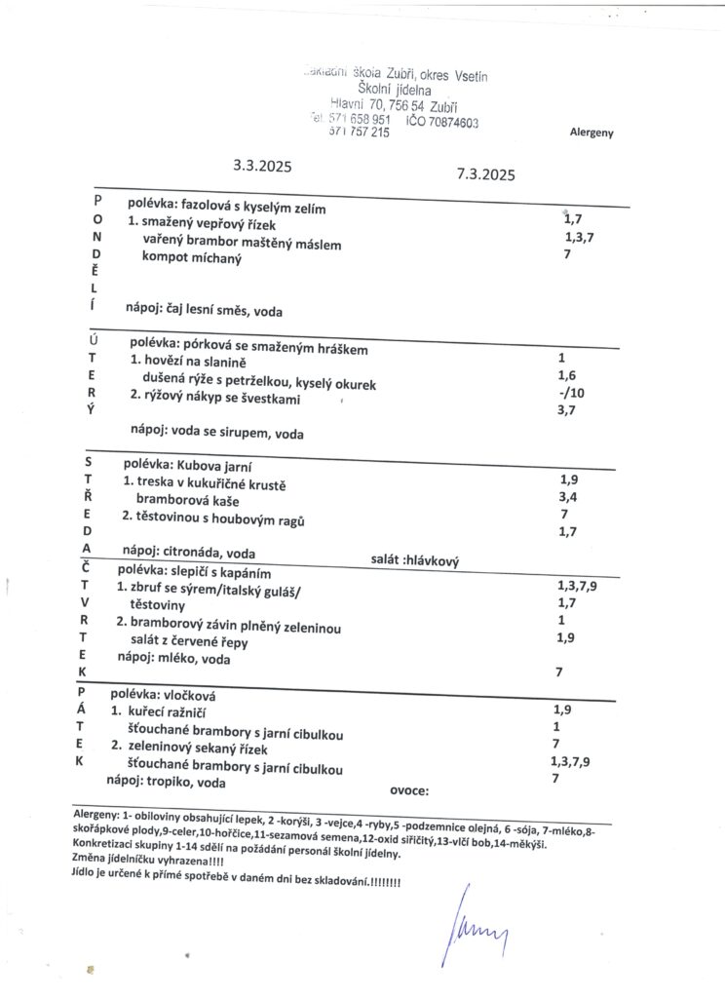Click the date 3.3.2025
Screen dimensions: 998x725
click(x=263, y=166)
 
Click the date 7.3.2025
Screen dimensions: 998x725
click(x=484, y=175)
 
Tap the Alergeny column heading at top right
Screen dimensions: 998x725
click(x=591, y=133)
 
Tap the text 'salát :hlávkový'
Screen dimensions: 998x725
click(x=415, y=559)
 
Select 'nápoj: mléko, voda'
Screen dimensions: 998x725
click(x=177, y=658)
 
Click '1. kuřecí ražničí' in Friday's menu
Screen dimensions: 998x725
click(x=166, y=713)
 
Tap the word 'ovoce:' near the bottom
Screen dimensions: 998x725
click(x=409, y=790)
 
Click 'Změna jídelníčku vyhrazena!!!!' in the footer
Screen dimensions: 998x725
click(x=147, y=866)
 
